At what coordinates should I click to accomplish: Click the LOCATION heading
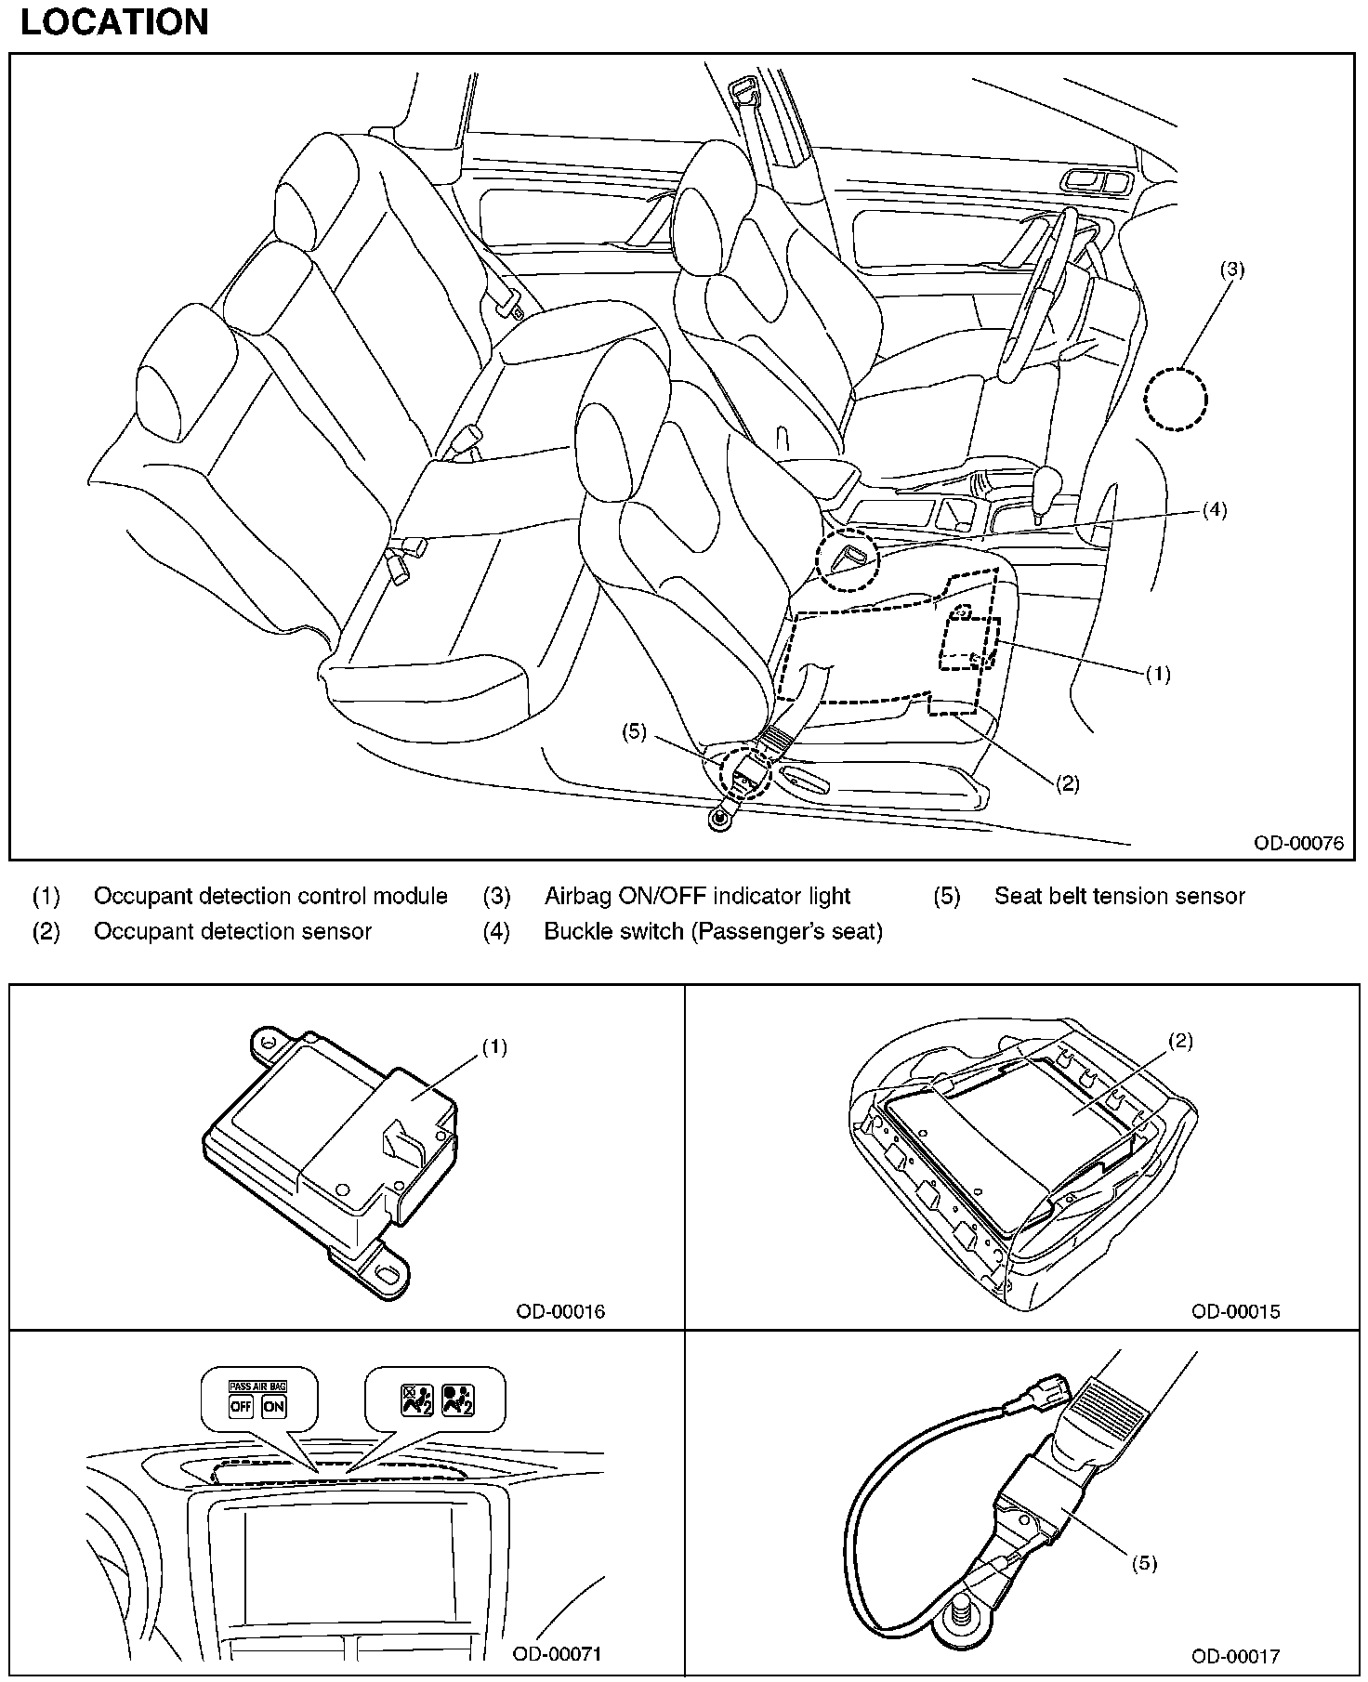point(114,22)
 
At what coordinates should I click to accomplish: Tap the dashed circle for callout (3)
point(1176,400)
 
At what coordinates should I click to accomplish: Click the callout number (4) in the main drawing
point(1214,509)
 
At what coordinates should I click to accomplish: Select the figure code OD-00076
point(1297,843)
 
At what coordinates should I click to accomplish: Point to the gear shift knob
point(1047,483)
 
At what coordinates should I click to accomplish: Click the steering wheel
point(1033,293)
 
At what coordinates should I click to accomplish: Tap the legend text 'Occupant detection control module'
point(270,896)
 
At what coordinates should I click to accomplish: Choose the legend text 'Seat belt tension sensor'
point(1119,896)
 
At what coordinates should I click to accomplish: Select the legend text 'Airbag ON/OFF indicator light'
point(697,896)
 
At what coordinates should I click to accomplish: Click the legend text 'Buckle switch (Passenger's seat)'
point(713,931)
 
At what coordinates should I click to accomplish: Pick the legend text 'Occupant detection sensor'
point(232,931)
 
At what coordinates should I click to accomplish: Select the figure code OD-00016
point(560,1311)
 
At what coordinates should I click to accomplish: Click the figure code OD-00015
point(1235,1311)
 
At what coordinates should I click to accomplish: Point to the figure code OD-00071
point(558,1653)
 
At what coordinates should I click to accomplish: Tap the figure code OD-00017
point(1235,1655)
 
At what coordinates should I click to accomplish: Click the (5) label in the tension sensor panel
point(1144,1563)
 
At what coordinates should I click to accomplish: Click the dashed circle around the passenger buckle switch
point(846,560)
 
